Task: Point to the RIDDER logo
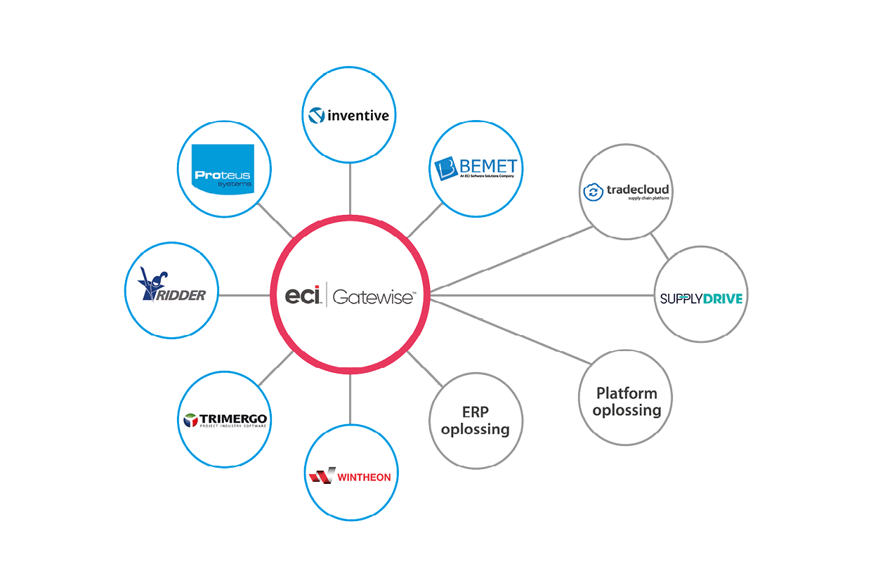click(172, 289)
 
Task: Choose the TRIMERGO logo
click(224, 420)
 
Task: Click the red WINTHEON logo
click(350, 477)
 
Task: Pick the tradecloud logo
click(627, 191)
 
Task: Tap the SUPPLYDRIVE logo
click(701, 298)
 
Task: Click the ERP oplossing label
click(476, 420)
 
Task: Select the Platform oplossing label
click(627, 402)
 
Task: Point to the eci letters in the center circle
click(303, 295)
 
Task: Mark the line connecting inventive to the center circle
click(350, 188)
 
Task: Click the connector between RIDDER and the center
click(244, 296)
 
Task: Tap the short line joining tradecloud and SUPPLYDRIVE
click(659, 245)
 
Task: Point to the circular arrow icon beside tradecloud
click(594, 191)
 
